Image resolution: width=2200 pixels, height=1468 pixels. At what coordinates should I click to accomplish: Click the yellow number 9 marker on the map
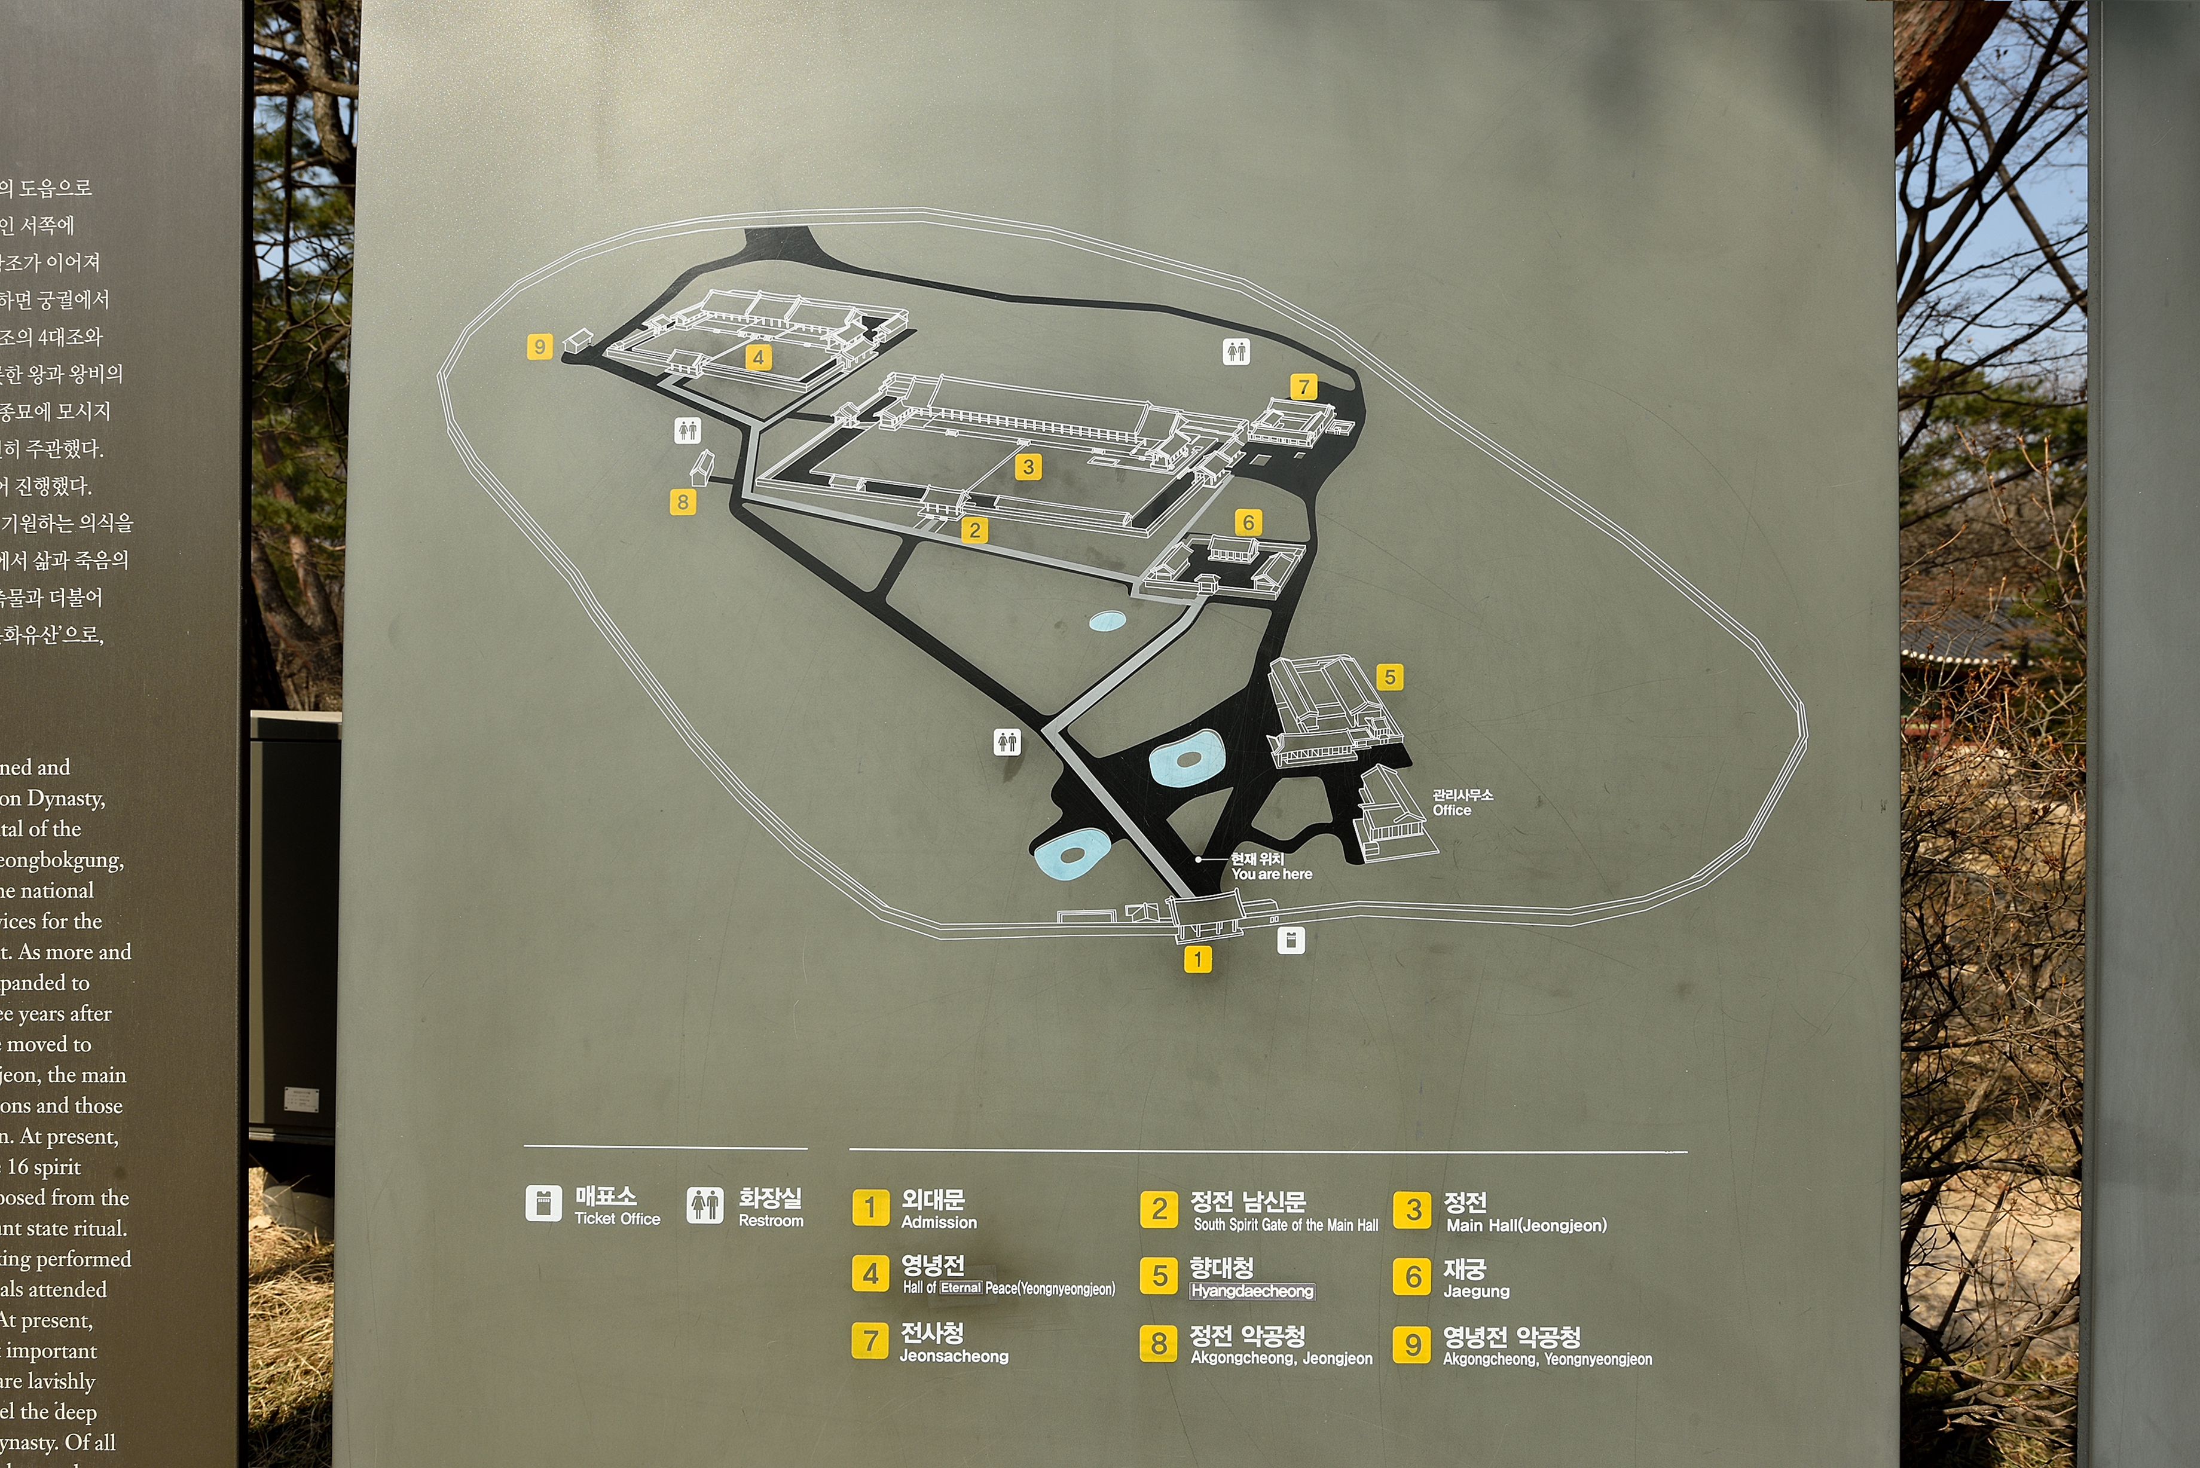[x=539, y=347]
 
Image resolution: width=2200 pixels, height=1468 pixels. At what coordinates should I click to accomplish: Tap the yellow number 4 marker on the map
[x=758, y=357]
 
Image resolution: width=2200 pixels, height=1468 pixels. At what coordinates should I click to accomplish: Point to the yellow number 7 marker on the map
[x=1303, y=387]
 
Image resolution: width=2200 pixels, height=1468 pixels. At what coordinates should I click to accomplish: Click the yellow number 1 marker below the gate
[x=1197, y=959]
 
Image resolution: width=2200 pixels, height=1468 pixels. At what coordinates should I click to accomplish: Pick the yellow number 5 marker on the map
[x=1390, y=677]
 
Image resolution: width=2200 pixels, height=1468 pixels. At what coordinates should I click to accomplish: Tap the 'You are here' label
[x=1272, y=873]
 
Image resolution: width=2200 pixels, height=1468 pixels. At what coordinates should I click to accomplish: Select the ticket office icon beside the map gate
[x=1291, y=940]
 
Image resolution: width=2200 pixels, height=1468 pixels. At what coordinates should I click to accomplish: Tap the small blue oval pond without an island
[x=1108, y=620]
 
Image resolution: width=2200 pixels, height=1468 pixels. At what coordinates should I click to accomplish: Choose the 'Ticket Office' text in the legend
[x=617, y=1219]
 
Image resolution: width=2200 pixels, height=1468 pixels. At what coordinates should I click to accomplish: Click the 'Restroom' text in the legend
[x=771, y=1221]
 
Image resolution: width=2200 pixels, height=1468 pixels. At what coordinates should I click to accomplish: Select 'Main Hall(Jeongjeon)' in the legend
[x=1526, y=1225]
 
